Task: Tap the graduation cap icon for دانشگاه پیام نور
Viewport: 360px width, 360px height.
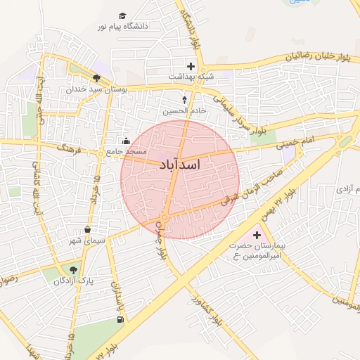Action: coord(122,15)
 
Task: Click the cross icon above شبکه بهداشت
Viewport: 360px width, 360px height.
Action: coord(191,66)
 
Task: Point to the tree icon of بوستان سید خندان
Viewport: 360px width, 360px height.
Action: coord(96,78)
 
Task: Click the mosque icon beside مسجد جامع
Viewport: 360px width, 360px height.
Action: coord(126,140)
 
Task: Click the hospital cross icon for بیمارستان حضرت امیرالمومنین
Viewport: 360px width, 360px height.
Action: coord(257,235)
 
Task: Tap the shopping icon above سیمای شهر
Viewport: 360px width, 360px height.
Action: coord(87,229)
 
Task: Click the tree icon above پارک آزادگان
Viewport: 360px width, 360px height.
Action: coord(73,269)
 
